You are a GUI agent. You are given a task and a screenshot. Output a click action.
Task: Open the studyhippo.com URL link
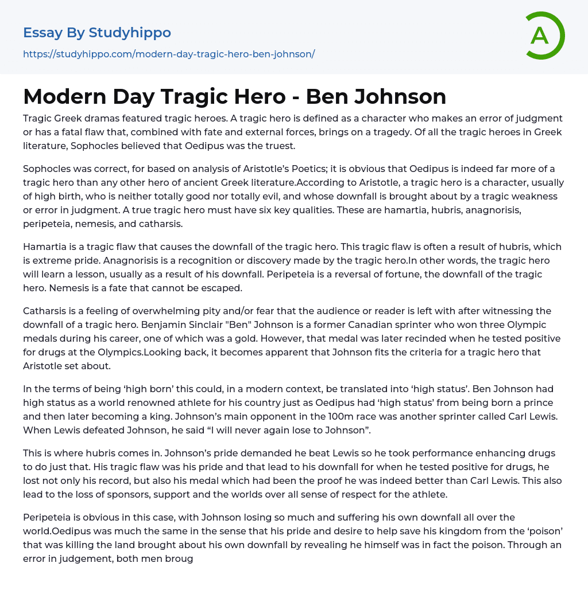pyautogui.click(x=169, y=54)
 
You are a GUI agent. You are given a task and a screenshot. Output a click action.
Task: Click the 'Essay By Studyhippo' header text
pyautogui.click(x=97, y=33)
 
